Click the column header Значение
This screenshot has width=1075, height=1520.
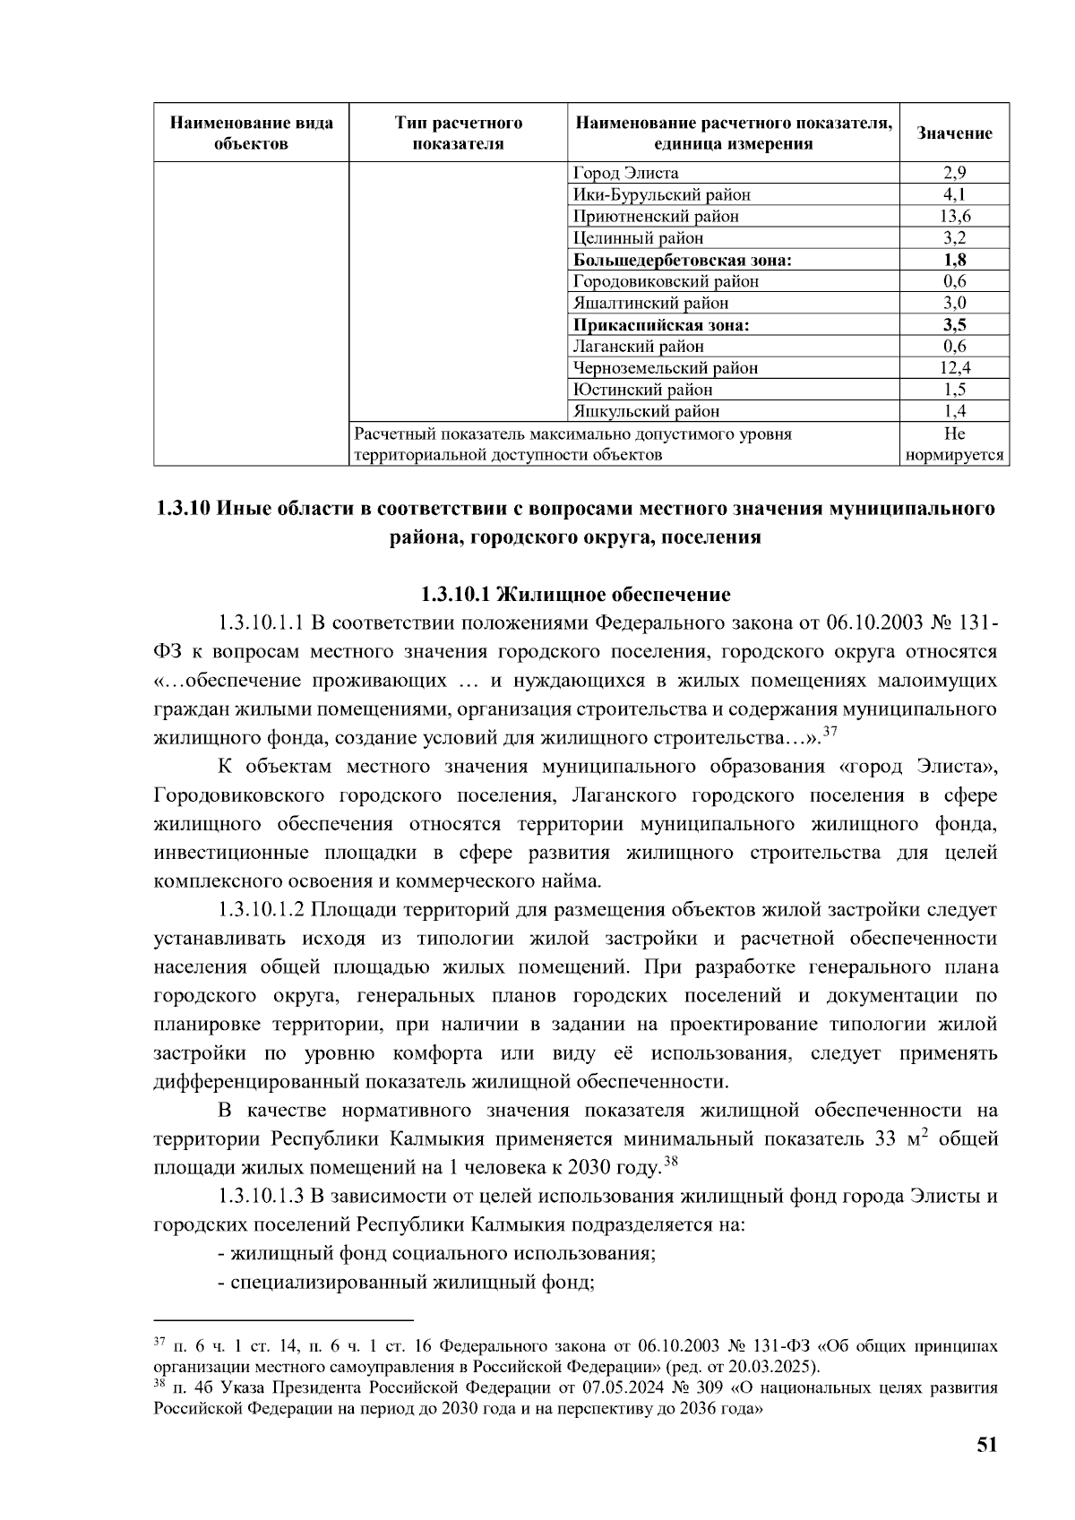[x=954, y=133]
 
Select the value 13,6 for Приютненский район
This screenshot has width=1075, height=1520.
[x=955, y=216]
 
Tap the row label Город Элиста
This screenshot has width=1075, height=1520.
[x=625, y=173]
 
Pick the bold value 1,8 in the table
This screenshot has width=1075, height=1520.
[x=955, y=260]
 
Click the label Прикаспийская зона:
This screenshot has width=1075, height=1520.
[x=661, y=324]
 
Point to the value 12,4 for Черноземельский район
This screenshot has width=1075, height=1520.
[x=955, y=367]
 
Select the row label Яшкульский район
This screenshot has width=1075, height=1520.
[x=646, y=411]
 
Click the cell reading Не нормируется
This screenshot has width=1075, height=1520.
[x=955, y=444]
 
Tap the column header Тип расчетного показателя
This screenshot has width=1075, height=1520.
[x=459, y=133]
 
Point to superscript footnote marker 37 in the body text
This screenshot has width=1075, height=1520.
[x=829, y=733]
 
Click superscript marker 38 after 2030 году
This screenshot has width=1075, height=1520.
[x=668, y=1164]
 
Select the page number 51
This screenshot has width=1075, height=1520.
[x=986, y=1445]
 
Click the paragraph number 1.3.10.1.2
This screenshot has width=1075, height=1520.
[x=262, y=910]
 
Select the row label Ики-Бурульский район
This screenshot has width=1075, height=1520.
[x=661, y=194]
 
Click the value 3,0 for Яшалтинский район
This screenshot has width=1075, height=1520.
[x=955, y=303]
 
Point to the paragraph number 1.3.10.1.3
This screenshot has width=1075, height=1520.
[x=262, y=1197]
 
